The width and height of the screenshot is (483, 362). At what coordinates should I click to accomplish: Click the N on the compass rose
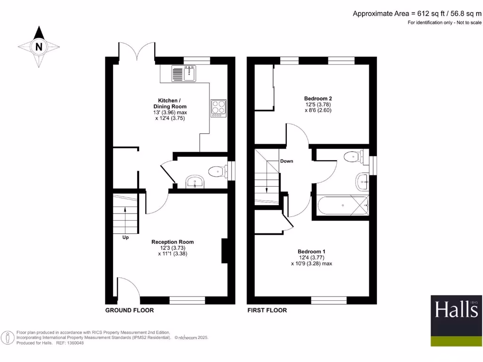[x=39, y=47]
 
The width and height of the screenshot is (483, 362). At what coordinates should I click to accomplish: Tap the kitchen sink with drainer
[x=183, y=74]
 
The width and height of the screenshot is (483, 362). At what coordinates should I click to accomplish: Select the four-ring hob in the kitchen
[x=218, y=107]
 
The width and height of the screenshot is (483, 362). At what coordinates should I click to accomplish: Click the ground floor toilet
[x=217, y=171]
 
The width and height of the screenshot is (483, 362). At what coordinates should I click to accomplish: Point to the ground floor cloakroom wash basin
[x=194, y=182]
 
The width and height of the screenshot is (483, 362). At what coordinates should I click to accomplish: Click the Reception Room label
[x=172, y=242]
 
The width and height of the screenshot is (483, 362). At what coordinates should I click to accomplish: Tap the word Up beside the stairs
[x=125, y=238]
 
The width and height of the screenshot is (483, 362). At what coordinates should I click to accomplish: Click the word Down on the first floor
[x=287, y=161]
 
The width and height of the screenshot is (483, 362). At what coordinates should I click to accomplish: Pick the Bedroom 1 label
[x=311, y=252]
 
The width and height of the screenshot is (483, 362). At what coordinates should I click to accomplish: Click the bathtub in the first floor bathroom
[x=342, y=206]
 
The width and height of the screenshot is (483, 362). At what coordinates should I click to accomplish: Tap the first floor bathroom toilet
[x=354, y=157]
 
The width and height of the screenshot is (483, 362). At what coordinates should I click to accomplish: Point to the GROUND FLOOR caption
[x=129, y=310]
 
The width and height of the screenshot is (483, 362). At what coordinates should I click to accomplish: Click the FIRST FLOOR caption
[x=267, y=310]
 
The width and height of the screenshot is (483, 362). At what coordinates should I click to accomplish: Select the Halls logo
[x=456, y=320]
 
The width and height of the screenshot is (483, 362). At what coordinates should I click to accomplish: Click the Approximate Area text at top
[x=417, y=14]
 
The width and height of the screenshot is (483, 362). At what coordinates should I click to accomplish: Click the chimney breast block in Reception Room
[x=225, y=251]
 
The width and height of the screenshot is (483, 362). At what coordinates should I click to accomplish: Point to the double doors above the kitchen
[x=136, y=51]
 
